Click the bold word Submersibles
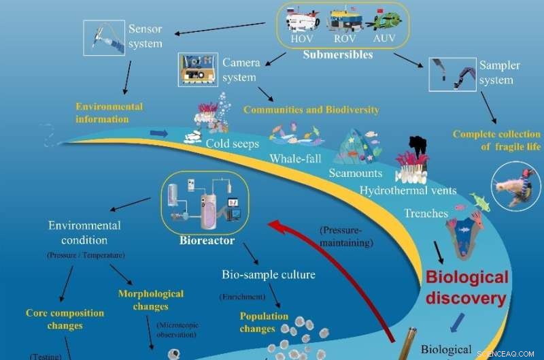(x=339, y=54)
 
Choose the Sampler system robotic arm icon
(x=451, y=74)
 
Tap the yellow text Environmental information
(x=109, y=113)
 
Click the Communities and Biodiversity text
(x=311, y=110)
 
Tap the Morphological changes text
(x=151, y=299)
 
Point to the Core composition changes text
(x=65, y=319)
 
